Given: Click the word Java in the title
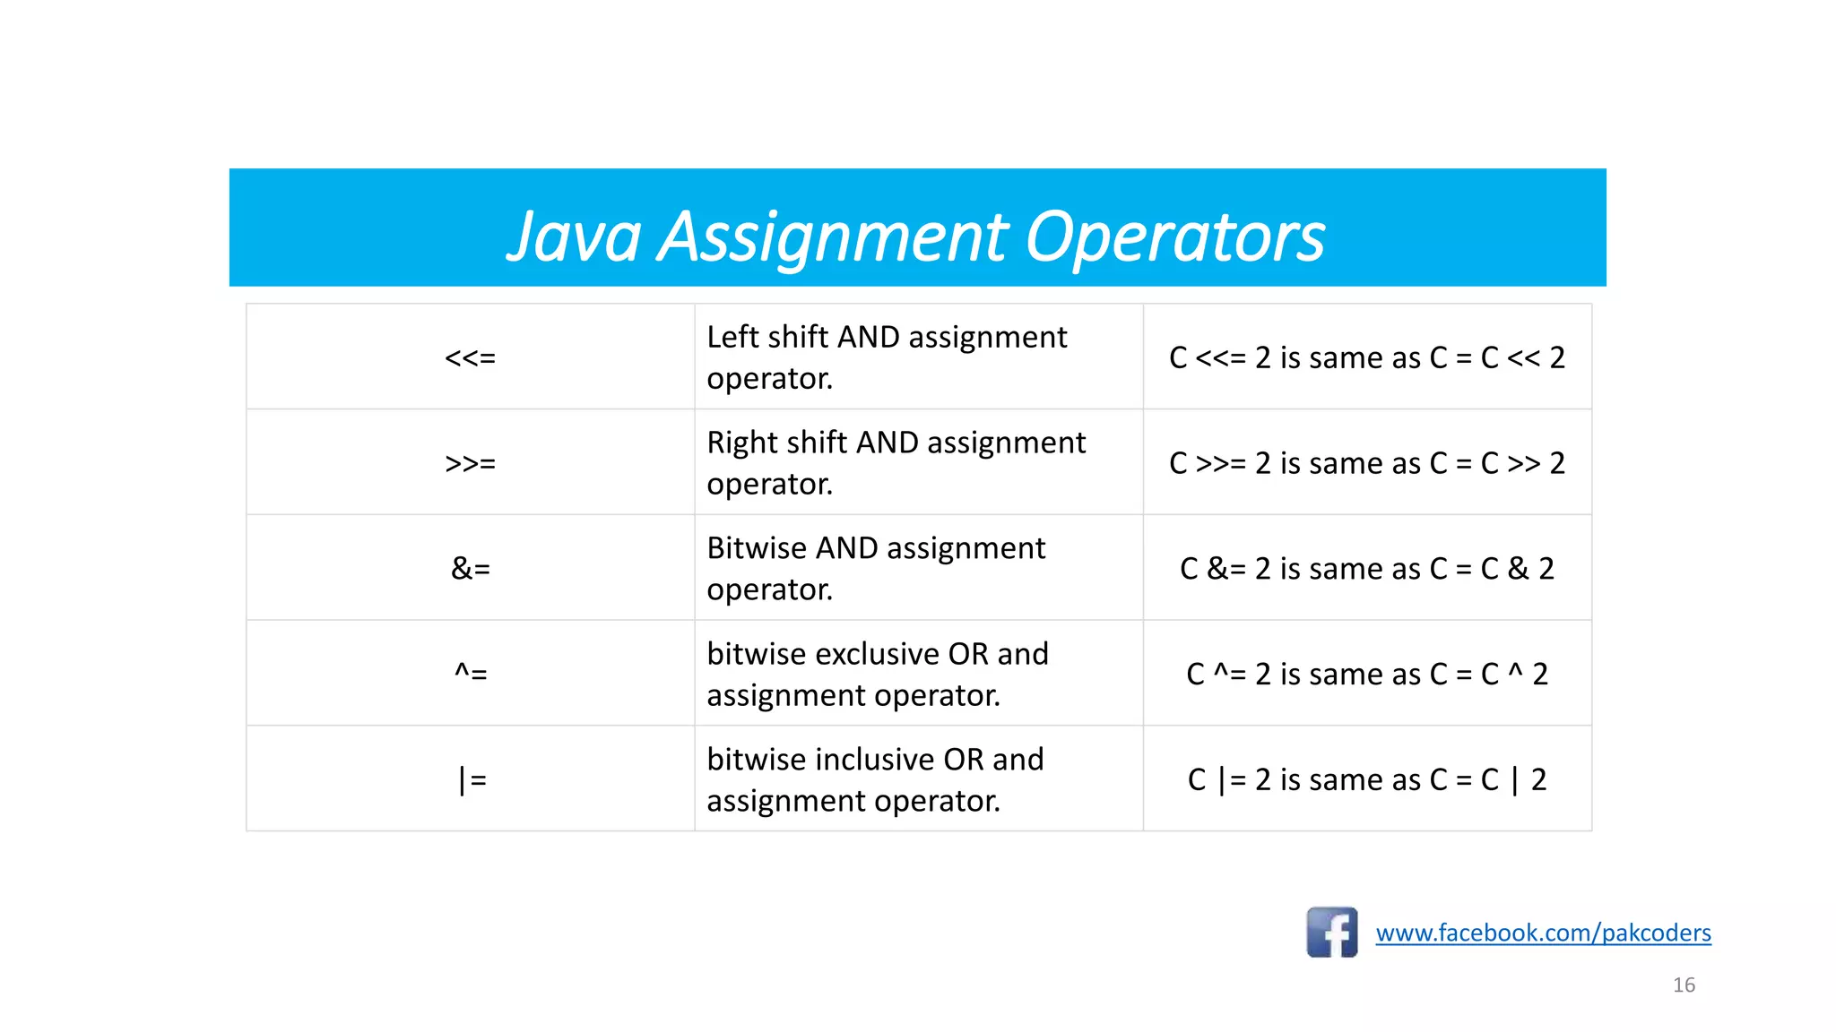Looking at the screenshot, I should [x=574, y=237].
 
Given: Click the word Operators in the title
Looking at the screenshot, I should [x=1174, y=237].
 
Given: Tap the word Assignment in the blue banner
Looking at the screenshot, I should [x=834, y=237].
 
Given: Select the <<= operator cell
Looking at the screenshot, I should [x=470, y=358].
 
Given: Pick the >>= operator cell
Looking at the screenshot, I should [x=470, y=463].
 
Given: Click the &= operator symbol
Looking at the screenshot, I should [x=470, y=569].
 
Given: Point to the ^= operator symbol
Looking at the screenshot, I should [x=470, y=674].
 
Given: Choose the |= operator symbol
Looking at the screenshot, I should [x=472, y=780].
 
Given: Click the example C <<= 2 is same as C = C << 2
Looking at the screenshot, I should [x=1366, y=358].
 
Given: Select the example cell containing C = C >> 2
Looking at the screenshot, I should [x=1366, y=463].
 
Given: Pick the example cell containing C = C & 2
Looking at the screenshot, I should [x=1366, y=569].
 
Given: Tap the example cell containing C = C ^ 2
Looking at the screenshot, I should [x=1366, y=674].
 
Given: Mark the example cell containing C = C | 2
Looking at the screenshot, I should [x=1366, y=780].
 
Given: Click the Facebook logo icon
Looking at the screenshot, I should [x=1331, y=933].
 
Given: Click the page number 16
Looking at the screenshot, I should [x=1684, y=985].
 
